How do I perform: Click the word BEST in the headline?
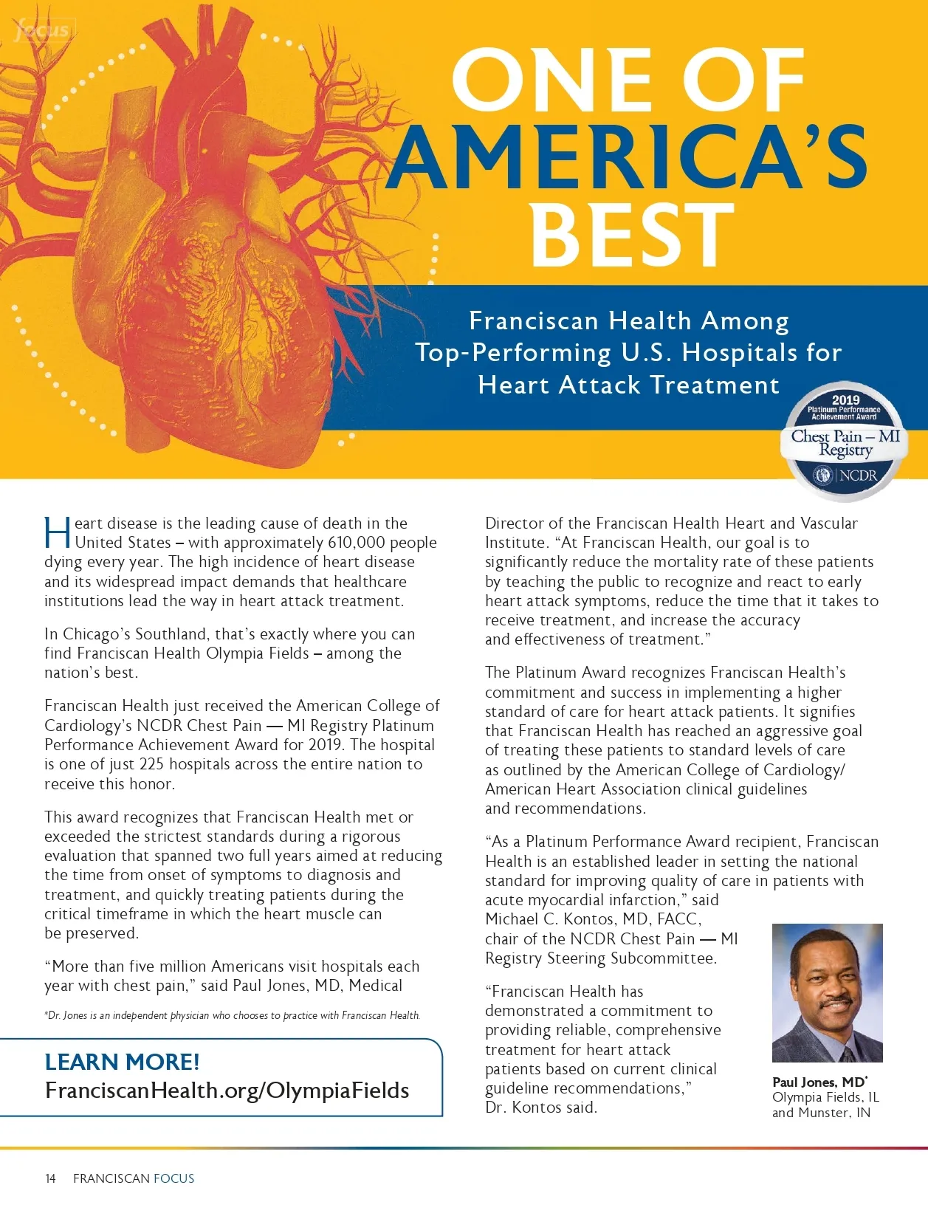[632, 235]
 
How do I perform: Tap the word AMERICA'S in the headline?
[627, 157]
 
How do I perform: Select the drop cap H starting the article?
[57, 534]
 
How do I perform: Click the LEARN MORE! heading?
[122, 1062]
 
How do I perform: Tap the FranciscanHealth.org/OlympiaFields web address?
[227, 1091]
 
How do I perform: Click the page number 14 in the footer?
[50, 1178]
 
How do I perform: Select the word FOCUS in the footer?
[173, 1178]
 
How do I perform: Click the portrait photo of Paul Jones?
[827, 992]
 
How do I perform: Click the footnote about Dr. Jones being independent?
[232, 1015]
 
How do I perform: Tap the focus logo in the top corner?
[44, 30]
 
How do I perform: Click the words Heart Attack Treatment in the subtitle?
[628, 385]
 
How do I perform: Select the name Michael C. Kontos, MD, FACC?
[593, 919]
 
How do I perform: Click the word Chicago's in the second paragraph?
[94, 634]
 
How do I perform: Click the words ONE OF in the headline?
[628, 80]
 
